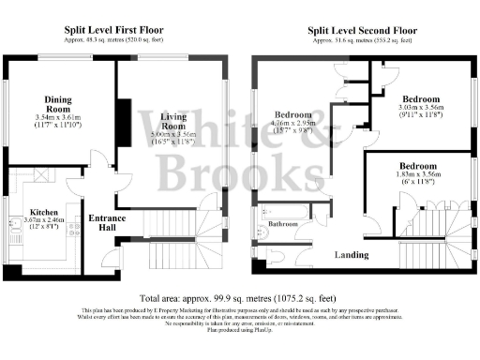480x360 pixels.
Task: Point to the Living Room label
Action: pyautogui.click(x=177, y=121)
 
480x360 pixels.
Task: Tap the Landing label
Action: pyautogui.click(x=352, y=255)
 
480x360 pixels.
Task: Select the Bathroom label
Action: pyautogui.click(x=283, y=225)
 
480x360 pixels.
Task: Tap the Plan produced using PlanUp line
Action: pyautogui.click(x=239, y=331)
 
